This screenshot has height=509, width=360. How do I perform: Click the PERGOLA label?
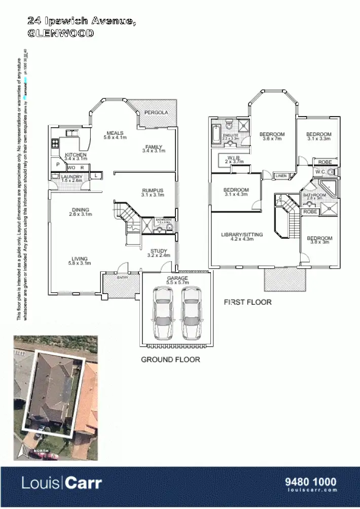pos(156,112)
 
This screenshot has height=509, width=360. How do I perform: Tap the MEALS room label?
pos(115,133)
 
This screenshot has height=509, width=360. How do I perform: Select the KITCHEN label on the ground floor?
pos(76,155)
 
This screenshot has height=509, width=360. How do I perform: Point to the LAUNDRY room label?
pos(71,175)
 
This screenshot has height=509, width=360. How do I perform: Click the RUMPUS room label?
pos(152,191)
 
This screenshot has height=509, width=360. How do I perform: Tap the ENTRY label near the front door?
pos(122,277)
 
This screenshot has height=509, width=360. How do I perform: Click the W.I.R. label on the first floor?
pos(234,158)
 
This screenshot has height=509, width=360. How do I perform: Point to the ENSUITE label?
pos(231,135)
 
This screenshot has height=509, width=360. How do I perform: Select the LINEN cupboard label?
pos(281,175)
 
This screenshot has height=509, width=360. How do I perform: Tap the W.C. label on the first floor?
pos(320,172)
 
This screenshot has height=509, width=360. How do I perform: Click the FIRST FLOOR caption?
pos(247,302)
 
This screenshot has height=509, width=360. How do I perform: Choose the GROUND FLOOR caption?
pos(170,359)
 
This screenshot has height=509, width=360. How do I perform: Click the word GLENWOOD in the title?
pos(61,33)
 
